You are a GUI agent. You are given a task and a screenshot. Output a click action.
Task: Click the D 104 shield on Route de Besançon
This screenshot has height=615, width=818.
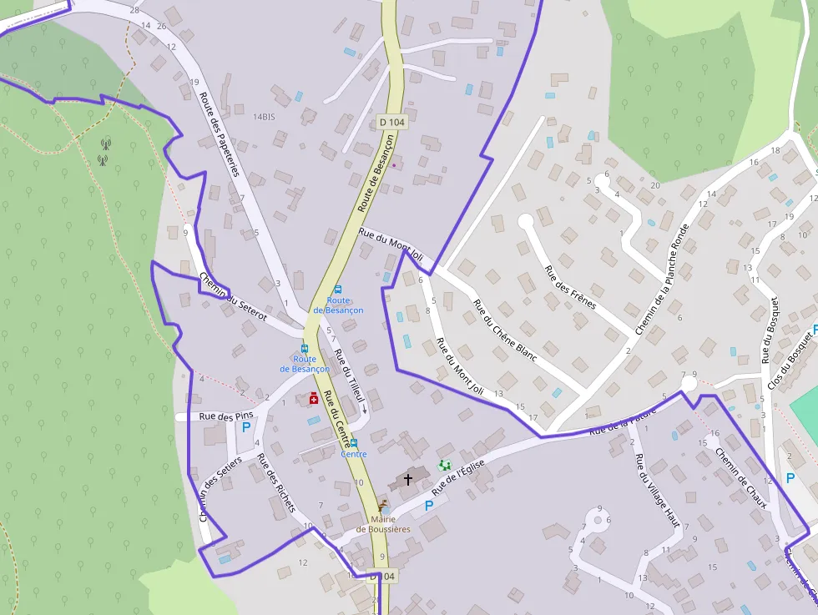[x=391, y=122]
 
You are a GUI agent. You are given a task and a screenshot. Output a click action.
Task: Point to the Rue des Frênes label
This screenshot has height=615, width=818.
[x=570, y=287]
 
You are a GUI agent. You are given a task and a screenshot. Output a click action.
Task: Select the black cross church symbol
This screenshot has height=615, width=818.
[x=408, y=479]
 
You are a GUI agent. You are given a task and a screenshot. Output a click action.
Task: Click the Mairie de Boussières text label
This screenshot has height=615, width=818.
[x=384, y=523]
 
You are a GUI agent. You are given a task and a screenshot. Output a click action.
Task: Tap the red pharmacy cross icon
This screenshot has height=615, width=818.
[x=314, y=399]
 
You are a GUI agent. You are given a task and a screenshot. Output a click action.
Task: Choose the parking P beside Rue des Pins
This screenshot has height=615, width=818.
[x=246, y=427]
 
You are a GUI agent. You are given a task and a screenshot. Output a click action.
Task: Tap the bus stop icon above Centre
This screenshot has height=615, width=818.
[x=354, y=443]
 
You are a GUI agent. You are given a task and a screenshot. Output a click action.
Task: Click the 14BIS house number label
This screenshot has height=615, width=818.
[x=264, y=117]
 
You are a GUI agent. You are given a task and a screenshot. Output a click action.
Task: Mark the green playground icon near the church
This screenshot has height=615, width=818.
[x=444, y=465]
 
